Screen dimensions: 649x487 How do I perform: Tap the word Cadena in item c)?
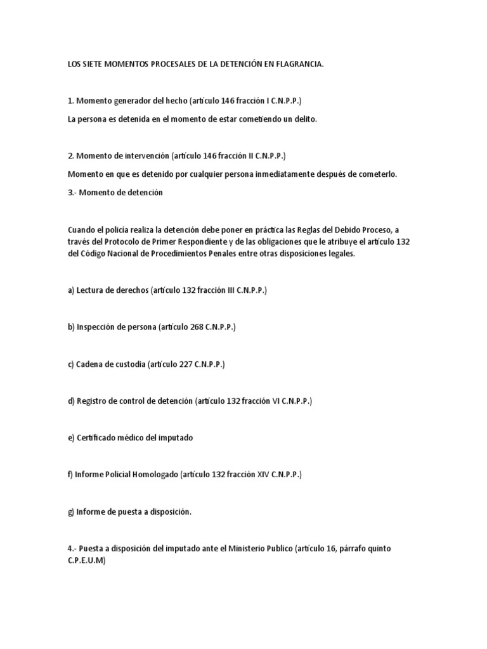(x=89, y=365)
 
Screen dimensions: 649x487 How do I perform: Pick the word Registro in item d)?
(x=93, y=401)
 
